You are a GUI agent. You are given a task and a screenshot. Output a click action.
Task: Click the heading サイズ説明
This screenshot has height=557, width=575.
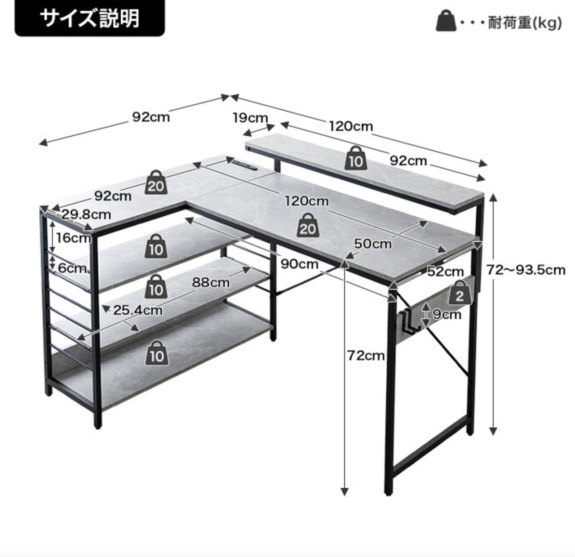pyautogui.click(x=90, y=19)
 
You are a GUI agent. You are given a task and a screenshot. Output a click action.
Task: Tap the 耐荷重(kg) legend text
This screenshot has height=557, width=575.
pyautogui.click(x=525, y=22)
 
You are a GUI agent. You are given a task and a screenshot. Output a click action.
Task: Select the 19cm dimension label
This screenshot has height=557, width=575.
pyautogui.click(x=250, y=118)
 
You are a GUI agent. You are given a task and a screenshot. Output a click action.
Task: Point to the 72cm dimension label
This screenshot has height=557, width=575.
pyautogui.click(x=366, y=356)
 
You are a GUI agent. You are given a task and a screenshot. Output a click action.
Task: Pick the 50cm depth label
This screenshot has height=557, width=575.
pyautogui.click(x=372, y=244)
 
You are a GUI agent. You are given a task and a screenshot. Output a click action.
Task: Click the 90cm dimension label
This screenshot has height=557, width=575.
pyautogui.click(x=299, y=264)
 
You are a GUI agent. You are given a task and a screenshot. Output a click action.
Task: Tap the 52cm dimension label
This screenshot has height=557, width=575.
pyautogui.click(x=445, y=272)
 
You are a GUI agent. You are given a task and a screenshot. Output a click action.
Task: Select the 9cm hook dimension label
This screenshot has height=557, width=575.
pyautogui.click(x=447, y=314)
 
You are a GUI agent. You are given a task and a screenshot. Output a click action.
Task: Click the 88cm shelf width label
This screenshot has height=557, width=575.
pyautogui.click(x=211, y=282)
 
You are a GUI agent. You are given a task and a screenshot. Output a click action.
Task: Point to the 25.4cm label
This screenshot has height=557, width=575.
pyautogui.click(x=137, y=310)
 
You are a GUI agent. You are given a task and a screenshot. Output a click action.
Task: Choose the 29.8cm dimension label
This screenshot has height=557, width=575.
pyautogui.click(x=86, y=214)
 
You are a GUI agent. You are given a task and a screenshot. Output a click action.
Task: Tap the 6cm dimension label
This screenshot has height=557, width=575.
pyautogui.click(x=72, y=268)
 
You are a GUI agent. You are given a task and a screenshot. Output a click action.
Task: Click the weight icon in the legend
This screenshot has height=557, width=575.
pyautogui.click(x=446, y=21)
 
